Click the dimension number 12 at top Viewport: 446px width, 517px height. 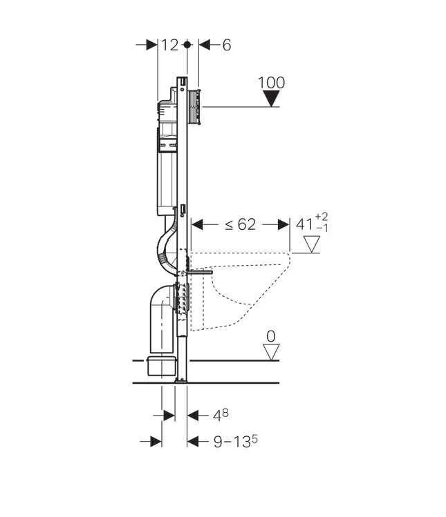point(170,45)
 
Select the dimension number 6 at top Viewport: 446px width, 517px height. point(226,45)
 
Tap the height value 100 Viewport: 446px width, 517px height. point(271,83)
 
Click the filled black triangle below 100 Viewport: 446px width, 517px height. point(271,99)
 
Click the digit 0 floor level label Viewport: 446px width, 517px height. point(271,336)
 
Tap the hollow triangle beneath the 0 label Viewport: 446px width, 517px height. point(271,351)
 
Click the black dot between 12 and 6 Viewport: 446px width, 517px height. point(187,45)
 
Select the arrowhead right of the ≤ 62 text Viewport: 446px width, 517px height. point(283,224)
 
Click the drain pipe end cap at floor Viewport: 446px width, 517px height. point(162,365)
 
